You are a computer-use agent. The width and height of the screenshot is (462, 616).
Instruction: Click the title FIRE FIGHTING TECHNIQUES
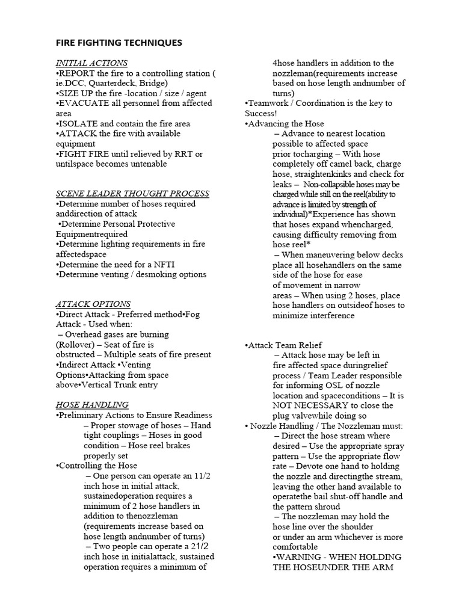point(119,43)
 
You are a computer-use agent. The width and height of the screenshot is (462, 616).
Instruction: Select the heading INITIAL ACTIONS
point(91,63)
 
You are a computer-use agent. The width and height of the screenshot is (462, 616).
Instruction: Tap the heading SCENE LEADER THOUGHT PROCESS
point(132,193)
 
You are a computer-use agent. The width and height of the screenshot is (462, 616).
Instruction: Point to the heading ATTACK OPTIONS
point(93,304)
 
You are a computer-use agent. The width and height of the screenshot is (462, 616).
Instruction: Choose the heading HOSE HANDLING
point(92,405)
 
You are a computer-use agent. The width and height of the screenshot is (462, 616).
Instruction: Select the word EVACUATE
point(82,103)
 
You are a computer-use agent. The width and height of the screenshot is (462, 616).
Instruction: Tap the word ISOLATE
point(77,123)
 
